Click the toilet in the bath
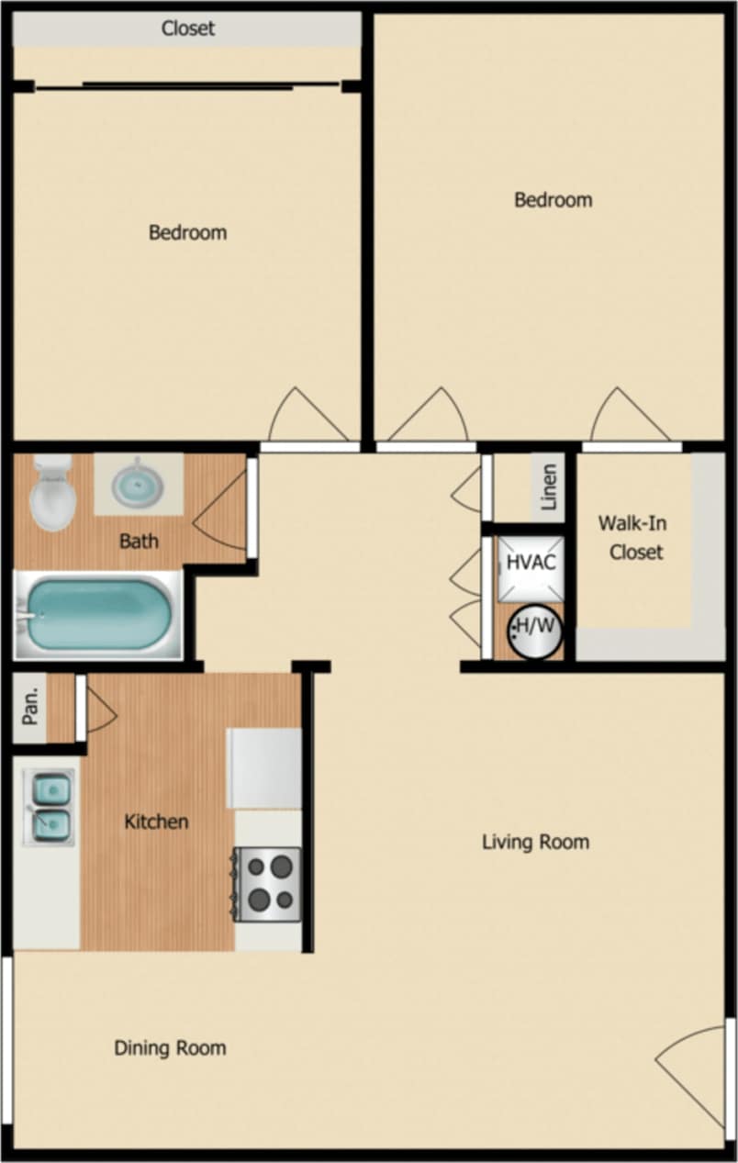tap(52, 493)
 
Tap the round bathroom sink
tap(138, 483)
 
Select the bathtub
tap(98, 614)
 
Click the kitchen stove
tap(267, 883)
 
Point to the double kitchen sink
tap(50, 807)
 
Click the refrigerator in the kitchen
tap(264, 768)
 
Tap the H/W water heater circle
tap(535, 630)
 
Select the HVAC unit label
tap(531, 562)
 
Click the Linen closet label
tap(550, 487)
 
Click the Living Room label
tap(536, 842)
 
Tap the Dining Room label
tap(170, 1047)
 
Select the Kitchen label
tap(156, 822)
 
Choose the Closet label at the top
tap(188, 28)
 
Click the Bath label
tap(139, 541)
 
